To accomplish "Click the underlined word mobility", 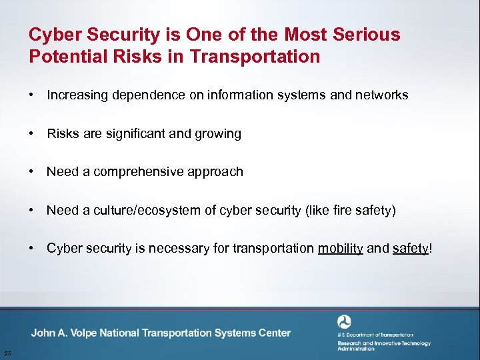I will (x=340, y=249).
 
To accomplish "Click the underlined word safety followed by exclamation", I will (x=410, y=249).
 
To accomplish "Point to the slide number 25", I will (x=7, y=353).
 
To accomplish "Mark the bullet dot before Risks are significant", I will (x=32, y=134).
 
